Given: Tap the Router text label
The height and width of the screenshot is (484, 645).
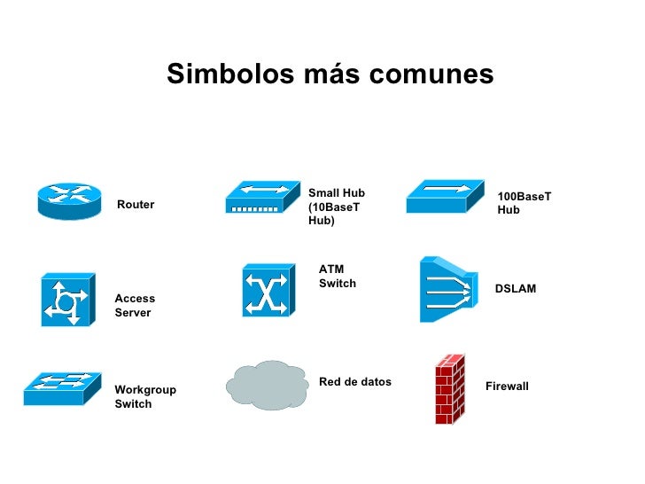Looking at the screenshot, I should pyautogui.click(x=136, y=205).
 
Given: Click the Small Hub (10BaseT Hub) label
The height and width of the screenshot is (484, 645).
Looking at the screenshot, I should pyautogui.click(x=337, y=207).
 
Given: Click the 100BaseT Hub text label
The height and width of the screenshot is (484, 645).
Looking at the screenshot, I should pyautogui.click(x=524, y=203).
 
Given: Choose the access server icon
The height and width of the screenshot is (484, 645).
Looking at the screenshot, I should pyautogui.click(x=67, y=300).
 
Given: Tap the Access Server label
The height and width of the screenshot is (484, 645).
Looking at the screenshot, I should pyautogui.click(x=135, y=306).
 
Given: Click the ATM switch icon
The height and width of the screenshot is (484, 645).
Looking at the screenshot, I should pyautogui.click(x=267, y=290).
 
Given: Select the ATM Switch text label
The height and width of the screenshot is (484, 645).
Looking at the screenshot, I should pyautogui.click(x=337, y=277).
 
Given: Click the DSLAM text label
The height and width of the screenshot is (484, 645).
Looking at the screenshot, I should pyautogui.click(x=515, y=289).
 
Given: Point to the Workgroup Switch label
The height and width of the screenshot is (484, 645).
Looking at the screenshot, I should pyautogui.click(x=145, y=397).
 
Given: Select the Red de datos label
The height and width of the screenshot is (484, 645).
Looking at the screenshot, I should pyautogui.click(x=354, y=382).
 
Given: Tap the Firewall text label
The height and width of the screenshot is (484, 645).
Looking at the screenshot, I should pyautogui.click(x=507, y=386).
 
